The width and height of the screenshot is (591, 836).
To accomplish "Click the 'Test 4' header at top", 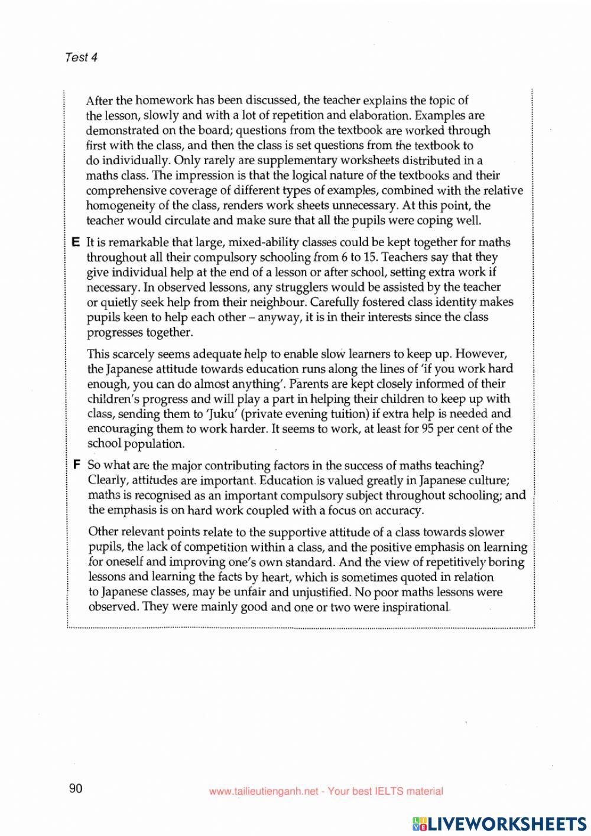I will point(81,57).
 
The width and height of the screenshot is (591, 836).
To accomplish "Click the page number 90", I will point(76,789).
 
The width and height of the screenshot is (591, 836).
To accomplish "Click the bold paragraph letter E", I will point(76,242).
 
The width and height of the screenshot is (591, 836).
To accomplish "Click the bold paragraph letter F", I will point(76,465).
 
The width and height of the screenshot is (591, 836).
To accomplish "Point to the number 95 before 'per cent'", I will point(428,429).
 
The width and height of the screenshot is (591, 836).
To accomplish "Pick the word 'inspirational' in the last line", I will point(420,607).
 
